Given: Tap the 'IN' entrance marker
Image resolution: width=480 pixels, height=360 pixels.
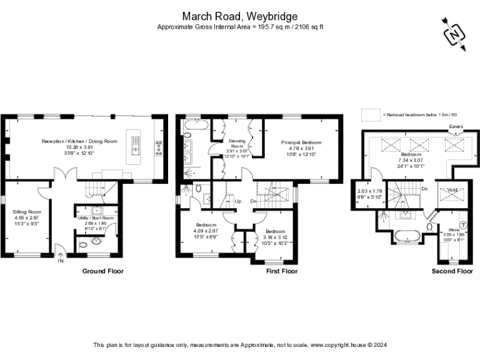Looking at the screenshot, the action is tap(61, 261).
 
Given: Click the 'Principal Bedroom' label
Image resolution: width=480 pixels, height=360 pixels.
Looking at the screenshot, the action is tap(301, 142).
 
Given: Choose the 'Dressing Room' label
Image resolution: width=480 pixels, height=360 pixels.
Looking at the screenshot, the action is tap(237, 144).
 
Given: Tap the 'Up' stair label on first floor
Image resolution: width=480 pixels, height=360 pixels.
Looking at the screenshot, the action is tap(238, 201).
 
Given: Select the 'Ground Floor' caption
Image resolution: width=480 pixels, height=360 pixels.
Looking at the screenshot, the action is tap(103, 271).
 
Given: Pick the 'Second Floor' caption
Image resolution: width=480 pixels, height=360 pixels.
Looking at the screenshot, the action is tap(452, 271).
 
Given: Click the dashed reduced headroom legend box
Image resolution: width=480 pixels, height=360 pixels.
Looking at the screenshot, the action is tap(371, 114).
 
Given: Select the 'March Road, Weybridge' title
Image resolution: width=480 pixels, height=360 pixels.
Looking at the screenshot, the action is tap(240, 16).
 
